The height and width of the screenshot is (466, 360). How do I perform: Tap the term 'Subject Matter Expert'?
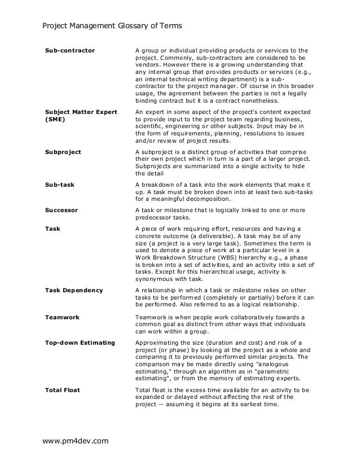point(81,112)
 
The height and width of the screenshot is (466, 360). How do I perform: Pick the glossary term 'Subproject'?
point(63,152)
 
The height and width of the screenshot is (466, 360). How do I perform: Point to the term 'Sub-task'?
point(59,184)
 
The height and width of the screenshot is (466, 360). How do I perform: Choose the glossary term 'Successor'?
point(61,209)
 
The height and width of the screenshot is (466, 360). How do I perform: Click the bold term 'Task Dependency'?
point(73,291)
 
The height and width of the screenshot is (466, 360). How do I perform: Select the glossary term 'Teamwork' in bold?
point(62,317)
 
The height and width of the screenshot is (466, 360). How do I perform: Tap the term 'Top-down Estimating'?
point(80,342)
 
